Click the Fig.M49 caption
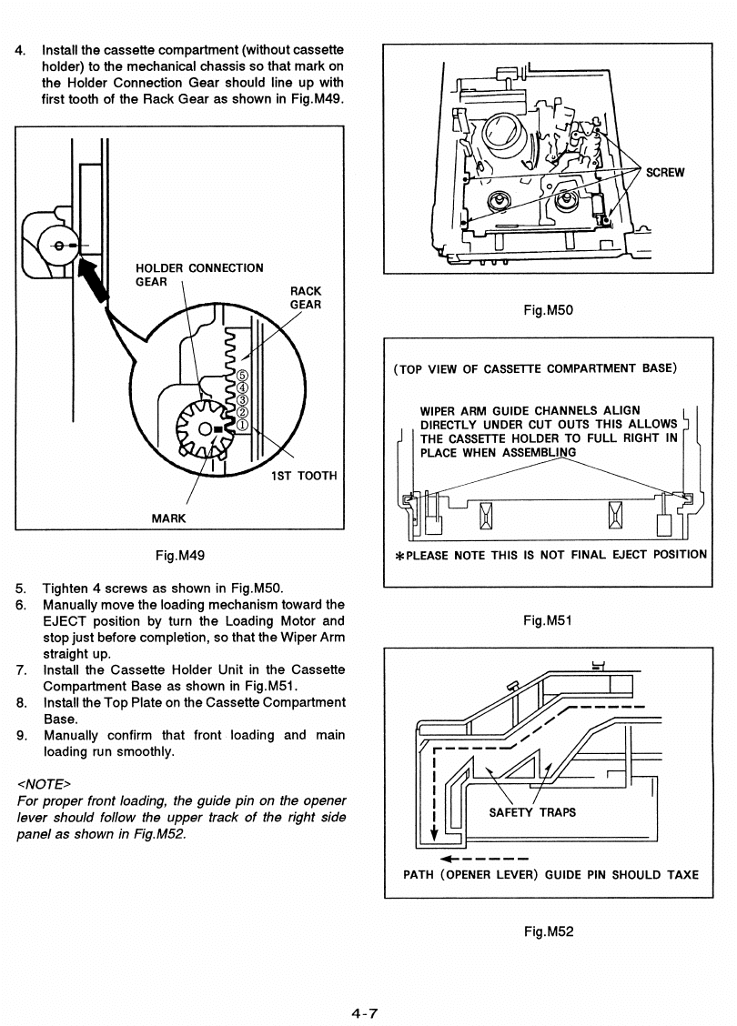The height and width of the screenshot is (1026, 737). click(x=179, y=554)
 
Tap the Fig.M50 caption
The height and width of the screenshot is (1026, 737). click(x=548, y=310)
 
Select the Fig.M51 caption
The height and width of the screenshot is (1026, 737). click(x=548, y=621)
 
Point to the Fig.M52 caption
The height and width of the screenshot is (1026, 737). click(x=548, y=930)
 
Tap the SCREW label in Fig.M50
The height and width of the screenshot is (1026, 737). click(x=665, y=174)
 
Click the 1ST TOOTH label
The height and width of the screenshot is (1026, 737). click(x=304, y=476)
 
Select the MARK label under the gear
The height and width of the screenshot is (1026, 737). click(x=168, y=518)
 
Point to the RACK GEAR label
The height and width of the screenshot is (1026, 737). click(x=305, y=297)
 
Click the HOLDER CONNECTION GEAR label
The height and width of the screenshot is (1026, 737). click(x=198, y=275)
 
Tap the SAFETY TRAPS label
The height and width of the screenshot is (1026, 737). click(x=532, y=812)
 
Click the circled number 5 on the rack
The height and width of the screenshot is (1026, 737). click(x=241, y=375)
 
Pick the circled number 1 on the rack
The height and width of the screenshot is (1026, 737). click(x=241, y=422)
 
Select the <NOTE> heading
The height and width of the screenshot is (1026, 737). click(x=45, y=783)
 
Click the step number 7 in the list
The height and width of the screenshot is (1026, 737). click(x=21, y=669)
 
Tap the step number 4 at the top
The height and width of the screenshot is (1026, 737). click(x=21, y=49)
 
